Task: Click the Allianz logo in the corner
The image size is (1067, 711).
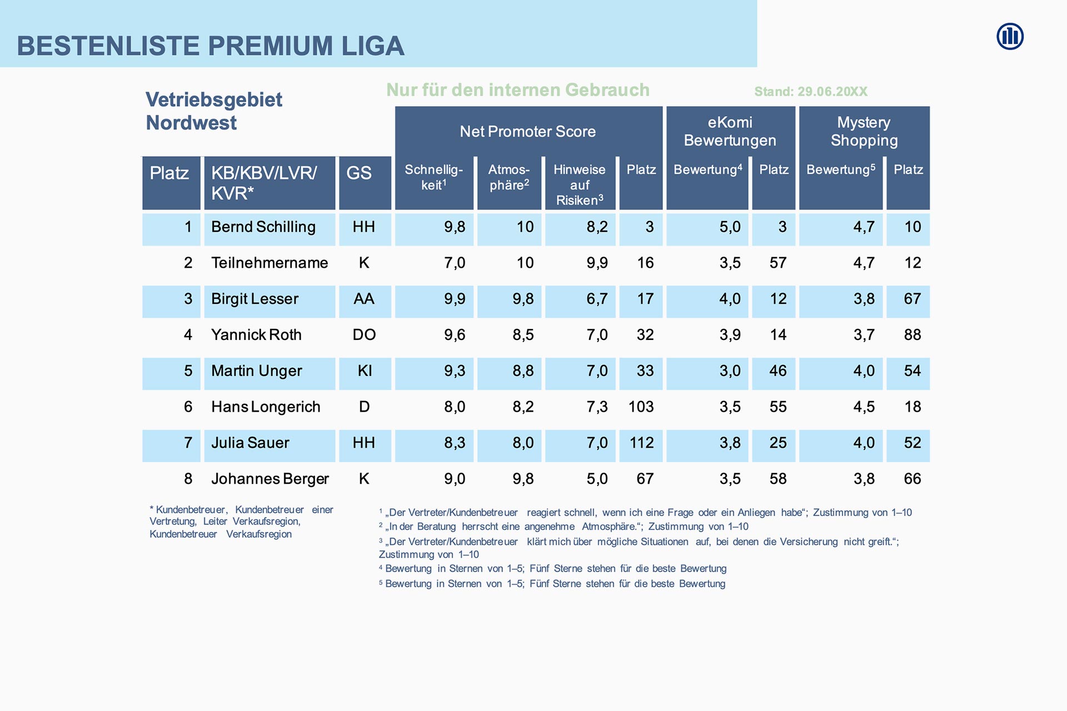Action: click(x=1010, y=37)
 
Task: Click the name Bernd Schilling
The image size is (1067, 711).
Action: click(x=263, y=227)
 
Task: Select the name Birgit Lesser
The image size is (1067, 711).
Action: click(x=255, y=299)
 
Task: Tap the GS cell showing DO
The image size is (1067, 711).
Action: click(x=364, y=335)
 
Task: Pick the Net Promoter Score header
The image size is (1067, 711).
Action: click(x=527, y=132)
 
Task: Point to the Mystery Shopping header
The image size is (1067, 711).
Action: click(x=864, y=131)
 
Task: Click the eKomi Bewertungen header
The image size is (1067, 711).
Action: click(x=730, y=131)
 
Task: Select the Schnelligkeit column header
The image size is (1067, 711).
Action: click(x=433, y=177)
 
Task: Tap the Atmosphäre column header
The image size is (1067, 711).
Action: click(x=508, y=177)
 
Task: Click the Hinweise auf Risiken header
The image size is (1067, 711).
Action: click(x=580, y=184)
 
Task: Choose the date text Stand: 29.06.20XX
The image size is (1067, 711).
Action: click(x=810, y=92)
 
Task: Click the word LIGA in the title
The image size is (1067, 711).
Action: click(x=373, y=46)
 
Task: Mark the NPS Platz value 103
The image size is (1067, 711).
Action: click(x=641, y=407)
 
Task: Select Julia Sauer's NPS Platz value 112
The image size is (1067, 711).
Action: click(x=641, y=443)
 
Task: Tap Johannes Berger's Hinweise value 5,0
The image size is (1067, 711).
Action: click(x=597, y=479)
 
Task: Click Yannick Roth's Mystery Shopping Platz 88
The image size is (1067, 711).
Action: click(x=912, y=335)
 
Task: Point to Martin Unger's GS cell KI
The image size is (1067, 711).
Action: click(x=365, y=371)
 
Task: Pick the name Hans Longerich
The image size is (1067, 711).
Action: click(x=266, y=407)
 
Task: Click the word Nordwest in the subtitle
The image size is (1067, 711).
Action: click(x=191, y=123)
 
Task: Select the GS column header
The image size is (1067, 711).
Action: click(x=359, y=173)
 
